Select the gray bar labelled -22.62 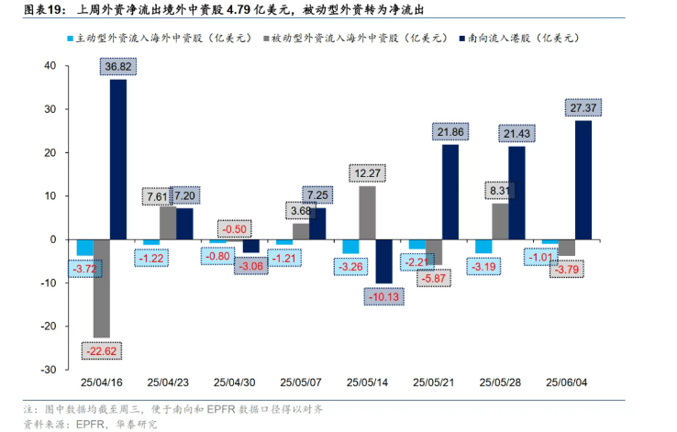[x=101, y=288]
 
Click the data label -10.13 [x=383, y=296]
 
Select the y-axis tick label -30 [x=47, y=370]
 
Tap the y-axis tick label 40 [x=49, y=66]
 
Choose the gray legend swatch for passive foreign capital [x=264, y=39]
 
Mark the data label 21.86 [x=450, y=132]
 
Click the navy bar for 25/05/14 [x=383, y=261]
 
